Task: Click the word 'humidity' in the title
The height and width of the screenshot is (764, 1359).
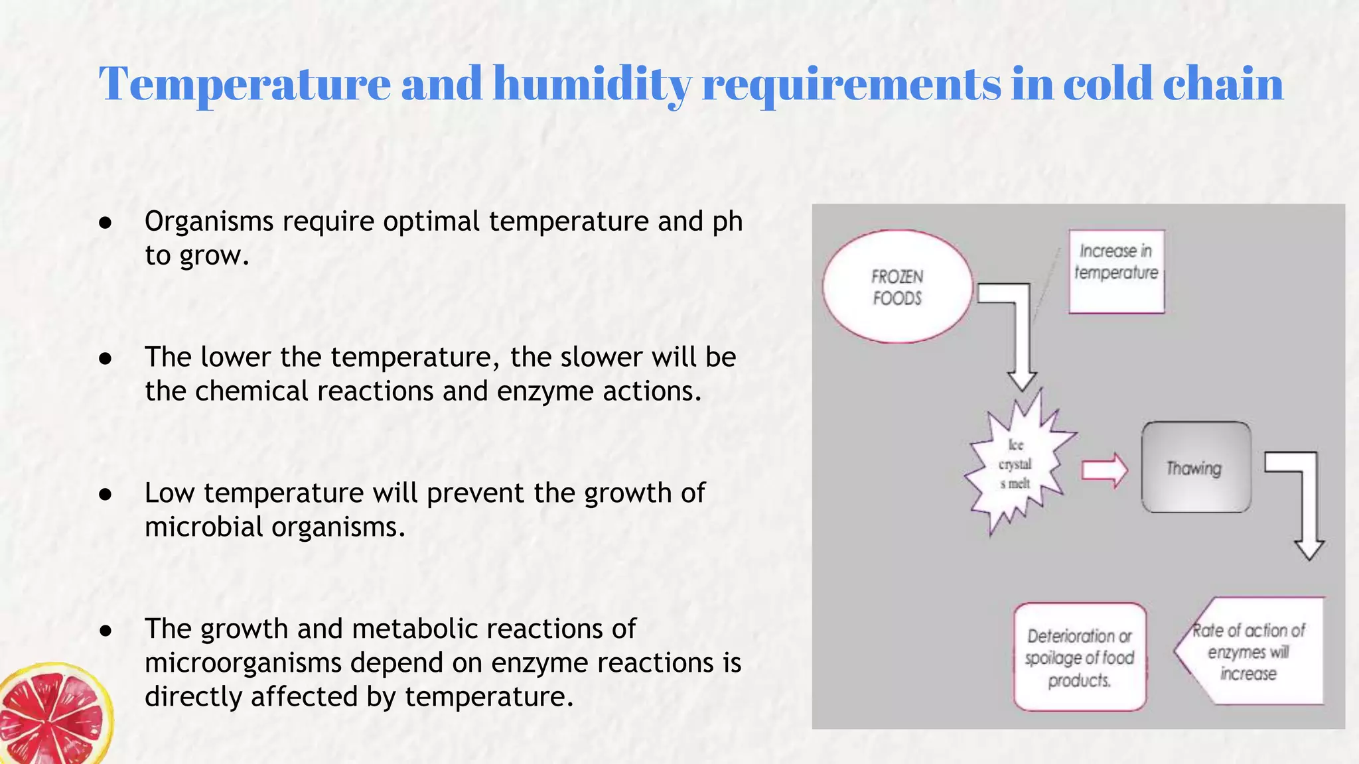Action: pos(592,84)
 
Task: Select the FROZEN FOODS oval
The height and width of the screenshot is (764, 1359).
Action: pos(897,286)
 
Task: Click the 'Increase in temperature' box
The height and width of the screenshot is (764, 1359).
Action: pos(1116,271)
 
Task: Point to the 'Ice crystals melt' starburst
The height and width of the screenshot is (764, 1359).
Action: pos(1015,464)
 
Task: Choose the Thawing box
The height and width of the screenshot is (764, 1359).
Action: pos(1196,468)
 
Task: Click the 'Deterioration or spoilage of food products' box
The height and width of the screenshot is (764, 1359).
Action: pos(1080,657)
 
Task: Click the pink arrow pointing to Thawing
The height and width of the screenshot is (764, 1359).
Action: pos(1104,470)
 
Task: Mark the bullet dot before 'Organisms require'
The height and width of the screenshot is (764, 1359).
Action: pos(105,222)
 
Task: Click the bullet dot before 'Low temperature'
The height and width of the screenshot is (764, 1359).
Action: pos(105,494)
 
